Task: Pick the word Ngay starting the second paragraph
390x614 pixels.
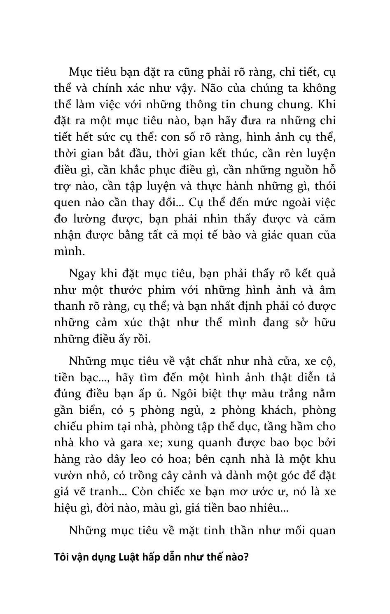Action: [82, 274]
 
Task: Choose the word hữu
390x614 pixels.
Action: [324, 322]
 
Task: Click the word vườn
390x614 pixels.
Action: [66, 475]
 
